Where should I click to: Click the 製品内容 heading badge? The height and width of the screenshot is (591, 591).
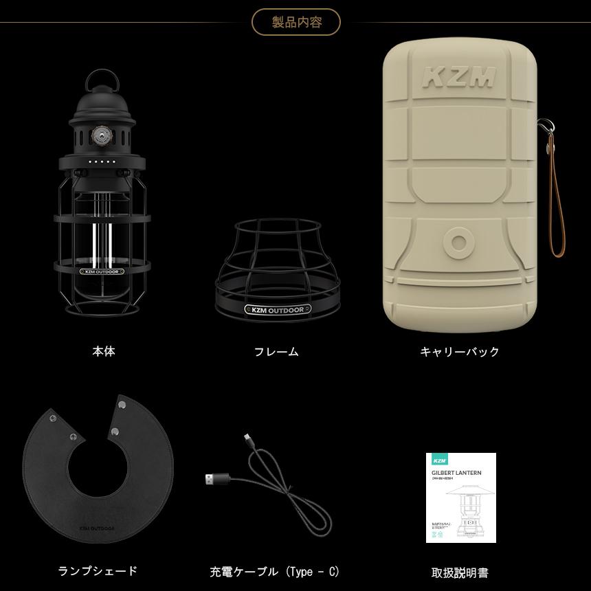click(296, 22)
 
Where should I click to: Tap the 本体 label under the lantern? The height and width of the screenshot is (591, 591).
click(104, 351)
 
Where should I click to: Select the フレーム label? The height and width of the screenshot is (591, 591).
click(276, 352)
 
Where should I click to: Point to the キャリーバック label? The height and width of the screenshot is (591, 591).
click(460, 352)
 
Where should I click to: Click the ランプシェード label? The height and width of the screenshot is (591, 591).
click(98, 570)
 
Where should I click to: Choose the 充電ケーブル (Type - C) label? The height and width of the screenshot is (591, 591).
click(275, 572)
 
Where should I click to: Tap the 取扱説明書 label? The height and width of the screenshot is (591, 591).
click(460, 572)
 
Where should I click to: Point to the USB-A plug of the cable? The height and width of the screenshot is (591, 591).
click(214, 479)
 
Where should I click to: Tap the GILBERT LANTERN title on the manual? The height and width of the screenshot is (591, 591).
click(457, 473)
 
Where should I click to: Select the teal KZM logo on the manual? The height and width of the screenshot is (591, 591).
click(440, 459)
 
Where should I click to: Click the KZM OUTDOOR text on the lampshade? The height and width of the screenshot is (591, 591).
click(97, 528)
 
